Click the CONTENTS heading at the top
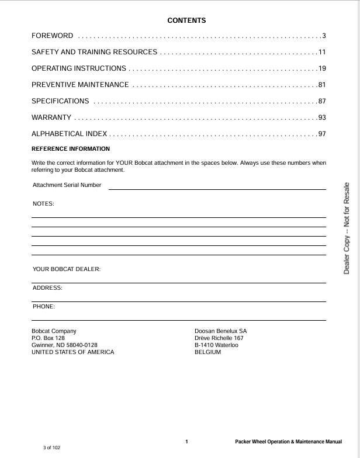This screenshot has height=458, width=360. [186, 21]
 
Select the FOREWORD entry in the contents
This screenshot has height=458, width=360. [53, 36]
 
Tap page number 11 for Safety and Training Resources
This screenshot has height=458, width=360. [321, 53]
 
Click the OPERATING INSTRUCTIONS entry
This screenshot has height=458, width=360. [79, 68]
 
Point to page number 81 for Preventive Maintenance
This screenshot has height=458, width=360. [321, 85]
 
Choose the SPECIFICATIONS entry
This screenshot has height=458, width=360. [60, 101]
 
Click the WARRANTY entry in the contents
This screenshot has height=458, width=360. [51, 117]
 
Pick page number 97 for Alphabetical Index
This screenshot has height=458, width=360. [321, 134]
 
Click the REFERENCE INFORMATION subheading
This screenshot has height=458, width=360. [70, 149]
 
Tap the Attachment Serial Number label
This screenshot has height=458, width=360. [67, 185]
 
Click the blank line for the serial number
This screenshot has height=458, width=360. [217, 188]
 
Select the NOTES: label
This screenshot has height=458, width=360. [43, 204]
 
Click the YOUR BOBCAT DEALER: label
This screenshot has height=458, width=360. [67, 269]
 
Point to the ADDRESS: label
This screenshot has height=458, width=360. [47, 288]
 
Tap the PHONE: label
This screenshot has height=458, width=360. [44, 306]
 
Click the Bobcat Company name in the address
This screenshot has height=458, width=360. [54, 331]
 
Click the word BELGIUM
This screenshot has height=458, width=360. [207, 352]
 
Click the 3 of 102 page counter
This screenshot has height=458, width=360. [51, 447]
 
